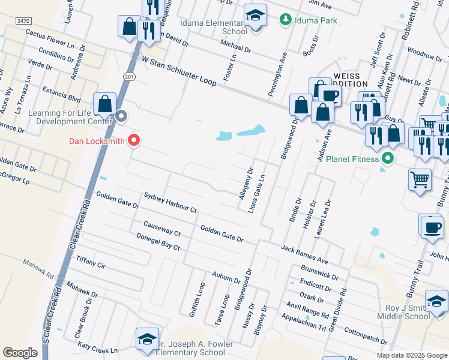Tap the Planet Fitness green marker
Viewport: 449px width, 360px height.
click(x=388, y=159)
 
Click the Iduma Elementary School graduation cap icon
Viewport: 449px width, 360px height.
click(x=255, y=17)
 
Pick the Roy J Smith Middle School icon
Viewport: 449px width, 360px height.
click(x=436, y=301)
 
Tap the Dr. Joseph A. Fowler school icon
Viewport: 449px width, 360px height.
click(x=147, y=340)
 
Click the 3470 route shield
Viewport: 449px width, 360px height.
click(x=23, y=21)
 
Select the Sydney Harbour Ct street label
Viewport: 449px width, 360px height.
click(x=170, y=203)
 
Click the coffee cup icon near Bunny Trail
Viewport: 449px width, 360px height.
click(x=431, y=227)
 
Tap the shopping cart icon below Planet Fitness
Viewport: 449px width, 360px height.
click(x=420, y=179)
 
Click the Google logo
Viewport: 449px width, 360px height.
click(x=20, y=353)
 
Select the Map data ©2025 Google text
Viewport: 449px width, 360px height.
click(x=411, y=355)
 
